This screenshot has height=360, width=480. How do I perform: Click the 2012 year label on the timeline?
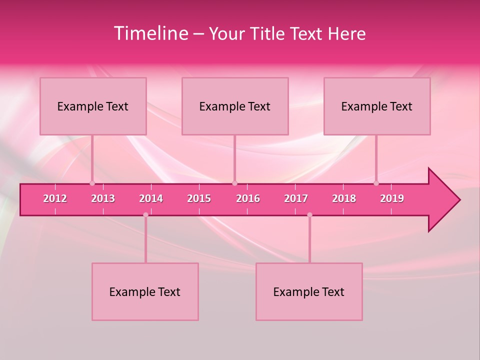[x=55, y=198]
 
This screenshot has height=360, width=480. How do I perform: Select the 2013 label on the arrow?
[x=103, y=198]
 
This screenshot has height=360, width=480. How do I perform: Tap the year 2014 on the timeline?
[x=151, y=198]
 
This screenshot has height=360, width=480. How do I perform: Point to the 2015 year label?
[x=199, y=198]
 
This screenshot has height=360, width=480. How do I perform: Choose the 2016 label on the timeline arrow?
[x=248, y=198]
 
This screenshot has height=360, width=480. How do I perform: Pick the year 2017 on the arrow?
[x=296, y=198]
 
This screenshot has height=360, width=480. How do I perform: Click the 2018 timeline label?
[x=344, y=198]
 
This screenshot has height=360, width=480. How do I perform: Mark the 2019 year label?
[x=392, y=198]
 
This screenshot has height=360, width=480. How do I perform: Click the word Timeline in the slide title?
[x=150, y=33]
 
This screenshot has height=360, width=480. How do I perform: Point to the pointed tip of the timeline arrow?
[x=459, y=200]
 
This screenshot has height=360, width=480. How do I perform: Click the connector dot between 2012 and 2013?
[x=92, y=183]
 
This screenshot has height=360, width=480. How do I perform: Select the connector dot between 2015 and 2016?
[x=234, y=183]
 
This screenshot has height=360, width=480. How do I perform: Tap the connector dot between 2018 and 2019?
[x=376, y=183]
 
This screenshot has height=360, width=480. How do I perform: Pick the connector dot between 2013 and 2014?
[x=145, y=215]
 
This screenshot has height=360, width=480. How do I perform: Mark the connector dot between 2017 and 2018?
[x=309, y=215]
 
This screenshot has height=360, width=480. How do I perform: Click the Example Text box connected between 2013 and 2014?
[x=145, y=292]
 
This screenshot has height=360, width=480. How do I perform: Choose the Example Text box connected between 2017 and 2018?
[x=309, y=292]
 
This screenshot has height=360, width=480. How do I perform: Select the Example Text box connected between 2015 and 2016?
[x=235, y=106]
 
